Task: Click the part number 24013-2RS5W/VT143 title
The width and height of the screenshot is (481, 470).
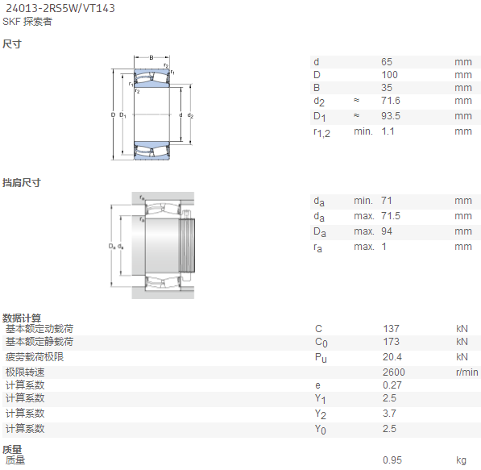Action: pyautogui.click(x=60, y=8)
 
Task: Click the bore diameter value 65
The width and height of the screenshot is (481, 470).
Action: pyautogui.click(x=387, y=62)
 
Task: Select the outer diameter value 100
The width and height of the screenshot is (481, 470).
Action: pyautogui.click(x=389, y=75)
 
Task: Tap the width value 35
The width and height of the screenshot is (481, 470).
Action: pyautogui.click(x=387, y=88)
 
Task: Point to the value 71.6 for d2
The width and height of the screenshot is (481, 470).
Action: pyautogui.click(x=391, y=101)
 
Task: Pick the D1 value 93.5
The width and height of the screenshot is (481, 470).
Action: pyautogui.click(x=391, y=116)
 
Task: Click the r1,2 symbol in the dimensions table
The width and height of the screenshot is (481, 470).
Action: pyautogui.click(x=321, y=133)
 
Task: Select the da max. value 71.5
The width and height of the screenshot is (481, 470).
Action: pyautogui.click(x=391, y=216)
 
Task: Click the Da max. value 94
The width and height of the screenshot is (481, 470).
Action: pyautogui.click(x=387, y=231)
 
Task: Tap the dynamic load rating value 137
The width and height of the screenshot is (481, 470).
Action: pyautogui.click(x=391, y=329)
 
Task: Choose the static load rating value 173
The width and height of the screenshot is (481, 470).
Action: pyautogui.click(x=391, y=342)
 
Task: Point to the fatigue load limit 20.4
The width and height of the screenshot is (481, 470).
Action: pyautogui.click(x=392, y=357)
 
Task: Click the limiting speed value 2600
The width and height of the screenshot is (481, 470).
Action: pyautogui.click(x=393, y=372)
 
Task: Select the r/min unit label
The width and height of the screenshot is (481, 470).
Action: pyautogui.click(x=466, y=372)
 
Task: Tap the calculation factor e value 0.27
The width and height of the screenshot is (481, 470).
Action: pyautogui.click(x=392, y=385)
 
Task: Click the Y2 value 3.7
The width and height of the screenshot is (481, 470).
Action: pyautogui.click(x=389, y=414)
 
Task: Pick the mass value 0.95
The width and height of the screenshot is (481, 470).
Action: pyautogui.click(x=392, y=460)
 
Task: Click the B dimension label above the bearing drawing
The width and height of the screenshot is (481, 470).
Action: pyautogui.click(x=151, y=57)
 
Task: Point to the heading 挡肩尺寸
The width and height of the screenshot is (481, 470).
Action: pyautogui.click(x=22, y=183)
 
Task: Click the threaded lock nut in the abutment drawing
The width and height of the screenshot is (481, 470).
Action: pyautogui.click(x=188, y=246)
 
